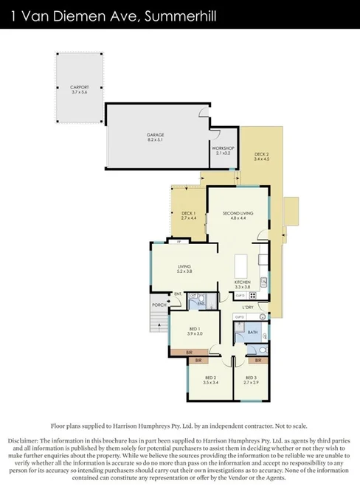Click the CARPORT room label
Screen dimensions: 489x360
pyautogui.click(x=80, y=87)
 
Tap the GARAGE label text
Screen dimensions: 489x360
pyautogui.click(x=155, y=135)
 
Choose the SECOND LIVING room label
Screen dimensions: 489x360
pyautogui.click(x=238, y=213)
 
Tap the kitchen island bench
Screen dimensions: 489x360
pyautogui.click(x=240, y=267)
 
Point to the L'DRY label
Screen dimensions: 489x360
pyautogui.click(x=248, y=306)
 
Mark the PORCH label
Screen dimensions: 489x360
pyautogui.click(x=159, y=305)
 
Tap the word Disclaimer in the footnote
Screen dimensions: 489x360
pyautogui.click(x=27, y=440)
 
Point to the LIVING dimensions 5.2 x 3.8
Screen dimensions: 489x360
pyautogui.click(x=184, y=272)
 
